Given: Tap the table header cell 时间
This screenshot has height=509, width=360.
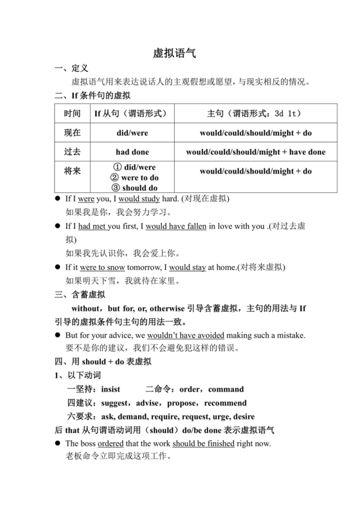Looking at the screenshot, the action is (72, 114).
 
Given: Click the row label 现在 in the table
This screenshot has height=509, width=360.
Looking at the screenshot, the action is (72, 133).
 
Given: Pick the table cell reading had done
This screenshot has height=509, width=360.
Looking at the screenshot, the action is (132, 152).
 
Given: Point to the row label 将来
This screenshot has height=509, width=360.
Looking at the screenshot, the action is (72, 172).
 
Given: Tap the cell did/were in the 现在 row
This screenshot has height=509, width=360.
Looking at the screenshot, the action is (132, 133).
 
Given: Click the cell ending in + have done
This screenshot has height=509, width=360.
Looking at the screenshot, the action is (255, 152).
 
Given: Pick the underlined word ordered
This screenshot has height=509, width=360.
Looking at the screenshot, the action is (111, 443).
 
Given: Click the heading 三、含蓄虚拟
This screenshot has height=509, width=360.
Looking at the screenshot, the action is (78, 294).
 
